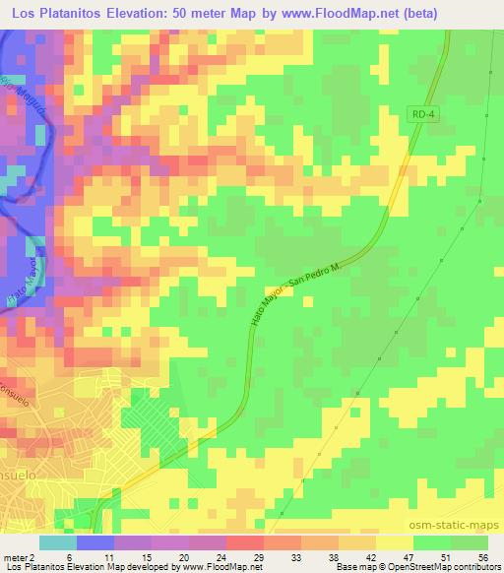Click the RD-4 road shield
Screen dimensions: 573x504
click(420, 116)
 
